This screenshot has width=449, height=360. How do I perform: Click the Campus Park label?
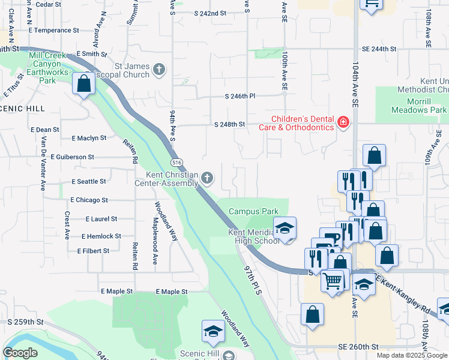click(253, 212)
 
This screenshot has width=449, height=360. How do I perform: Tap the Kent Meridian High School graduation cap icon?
click(285, 228)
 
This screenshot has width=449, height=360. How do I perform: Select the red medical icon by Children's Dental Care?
click(343, 122)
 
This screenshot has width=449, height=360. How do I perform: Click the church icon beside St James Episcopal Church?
click(159, 70)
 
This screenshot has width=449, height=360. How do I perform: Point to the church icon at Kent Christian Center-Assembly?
click(207, 177)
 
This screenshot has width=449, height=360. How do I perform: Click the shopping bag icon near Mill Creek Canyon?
click(83, 84)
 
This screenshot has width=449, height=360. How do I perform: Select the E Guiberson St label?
click(73, 157)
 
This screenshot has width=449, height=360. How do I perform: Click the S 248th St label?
click(230, 125)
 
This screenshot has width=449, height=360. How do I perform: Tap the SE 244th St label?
click(379, 49)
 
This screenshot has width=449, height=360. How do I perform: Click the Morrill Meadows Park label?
click(419, 106)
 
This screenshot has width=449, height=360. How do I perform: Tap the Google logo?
click(20, 353)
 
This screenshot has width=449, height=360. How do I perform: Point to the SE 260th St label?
click(359, 347)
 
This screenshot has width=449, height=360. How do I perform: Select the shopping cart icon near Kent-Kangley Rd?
click(332, 280)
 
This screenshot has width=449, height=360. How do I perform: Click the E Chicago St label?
click(89, 200)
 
